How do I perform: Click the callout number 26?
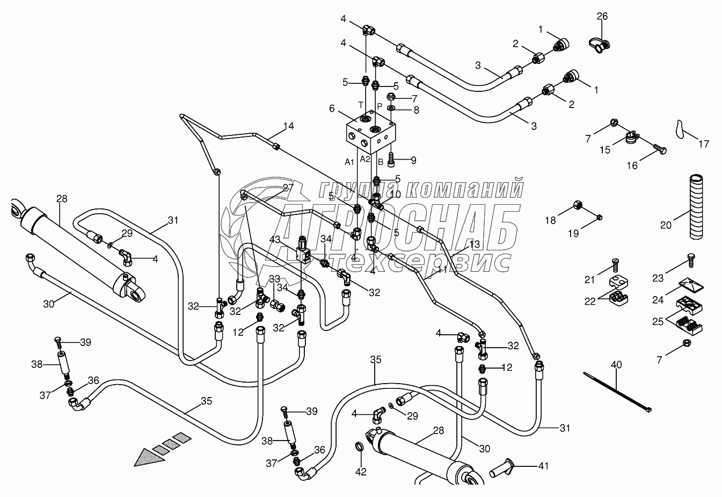click(602, 17)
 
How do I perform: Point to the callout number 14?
click(289, 127)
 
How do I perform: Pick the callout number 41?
click(544, 466)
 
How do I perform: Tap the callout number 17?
click(704, 144)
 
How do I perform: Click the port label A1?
click(349, 161)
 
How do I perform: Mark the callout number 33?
click(275, 279)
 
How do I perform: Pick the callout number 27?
click(288, 188)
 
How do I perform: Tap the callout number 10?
click(396, 194)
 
